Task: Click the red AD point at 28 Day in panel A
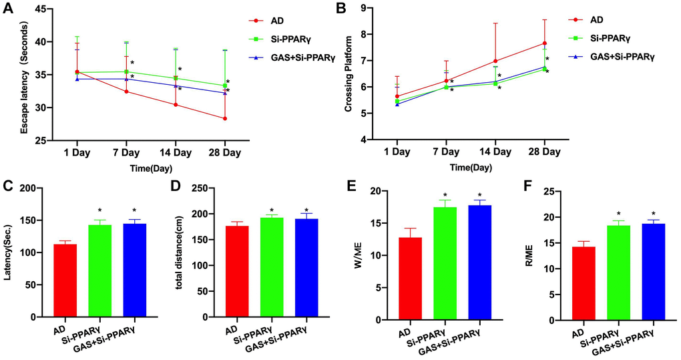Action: (225, 119)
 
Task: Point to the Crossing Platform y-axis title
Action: (348, 73)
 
